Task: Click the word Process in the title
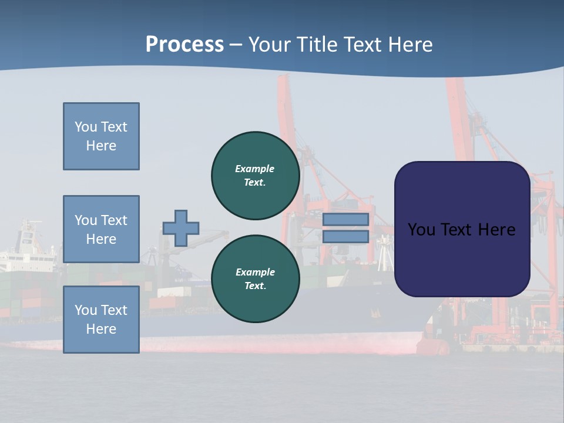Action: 184,45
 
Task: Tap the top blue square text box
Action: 101,136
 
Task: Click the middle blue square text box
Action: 101,229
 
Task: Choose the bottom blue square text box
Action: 101,320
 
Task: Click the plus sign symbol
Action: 181,228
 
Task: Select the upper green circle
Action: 255,175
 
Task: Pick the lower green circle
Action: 255,278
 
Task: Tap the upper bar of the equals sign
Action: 345,220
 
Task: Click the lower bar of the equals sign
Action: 345,237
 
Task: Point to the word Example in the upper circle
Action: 254,169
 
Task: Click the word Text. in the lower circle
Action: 255,286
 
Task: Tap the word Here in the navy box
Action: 496,230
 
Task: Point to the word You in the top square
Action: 85,127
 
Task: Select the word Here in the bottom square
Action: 101,329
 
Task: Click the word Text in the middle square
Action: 114,220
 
